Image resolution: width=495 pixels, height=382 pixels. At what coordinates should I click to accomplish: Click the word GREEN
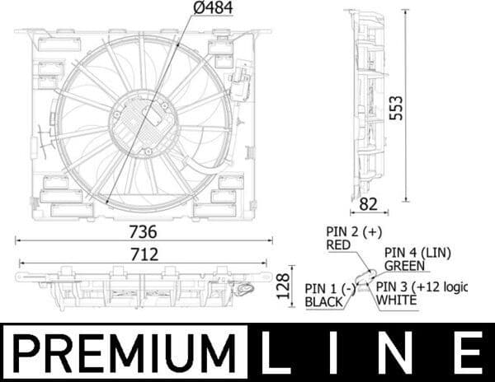(x=405, y=265)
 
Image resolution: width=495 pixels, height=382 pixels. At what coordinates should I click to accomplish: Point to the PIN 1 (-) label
(x=329, y=288)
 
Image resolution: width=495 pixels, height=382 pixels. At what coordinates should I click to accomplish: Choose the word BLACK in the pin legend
(x=324, y=302)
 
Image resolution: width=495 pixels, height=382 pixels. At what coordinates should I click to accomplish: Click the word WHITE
(x=397, y=300)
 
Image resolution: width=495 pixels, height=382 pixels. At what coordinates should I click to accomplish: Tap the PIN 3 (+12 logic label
(x=422, y=286)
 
